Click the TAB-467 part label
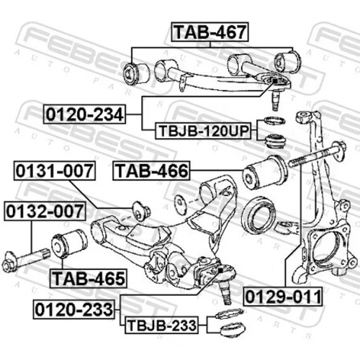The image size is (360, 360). pyautogui.click(x=210, y=32)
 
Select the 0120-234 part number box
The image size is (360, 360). pyautogui.click(x=84, y=114)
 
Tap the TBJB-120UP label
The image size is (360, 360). pyautogui.click(x=203, y=131)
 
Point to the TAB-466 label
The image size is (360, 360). pyautogui.click(x=151, y=171)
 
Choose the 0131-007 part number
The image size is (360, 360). pyautogui.click(x=55, y=171)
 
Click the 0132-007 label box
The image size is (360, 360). pyautogui.click(x=45, y=211)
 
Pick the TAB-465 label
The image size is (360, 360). pyautogui.click(x=88, y=279)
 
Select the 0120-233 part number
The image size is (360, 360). pyautogui.click(x=74, y=310)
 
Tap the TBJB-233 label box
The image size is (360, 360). pyautogui.click(x=161, y=325)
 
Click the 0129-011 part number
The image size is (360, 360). pyautogui.click(x=283, y=297)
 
